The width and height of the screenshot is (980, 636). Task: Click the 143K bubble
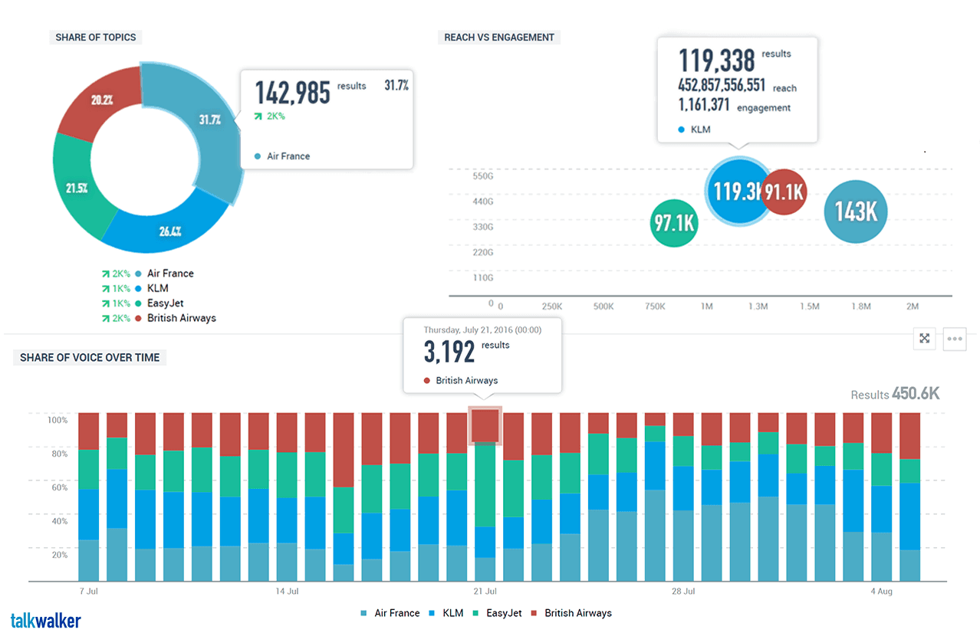coord(855,211)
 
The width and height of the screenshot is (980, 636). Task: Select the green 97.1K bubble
coord(674,223)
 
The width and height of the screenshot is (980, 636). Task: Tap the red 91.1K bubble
coord(784,192)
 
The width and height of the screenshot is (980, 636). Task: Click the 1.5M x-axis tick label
coord(810,307)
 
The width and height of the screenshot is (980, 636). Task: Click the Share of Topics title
coord(96,37)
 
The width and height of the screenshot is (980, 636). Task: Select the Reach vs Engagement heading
coord(499,37)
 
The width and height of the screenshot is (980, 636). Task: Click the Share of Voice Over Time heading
coord(90,357)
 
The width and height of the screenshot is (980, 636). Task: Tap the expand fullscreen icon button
coord(925,339)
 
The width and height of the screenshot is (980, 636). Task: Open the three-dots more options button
coord(955,339)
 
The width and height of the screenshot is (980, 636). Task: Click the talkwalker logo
coord(46,621)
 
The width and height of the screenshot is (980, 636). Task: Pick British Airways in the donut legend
coord(181,318)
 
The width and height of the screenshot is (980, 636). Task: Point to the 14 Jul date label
coord(286,592)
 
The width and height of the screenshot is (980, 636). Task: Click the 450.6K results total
coord(915,395)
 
